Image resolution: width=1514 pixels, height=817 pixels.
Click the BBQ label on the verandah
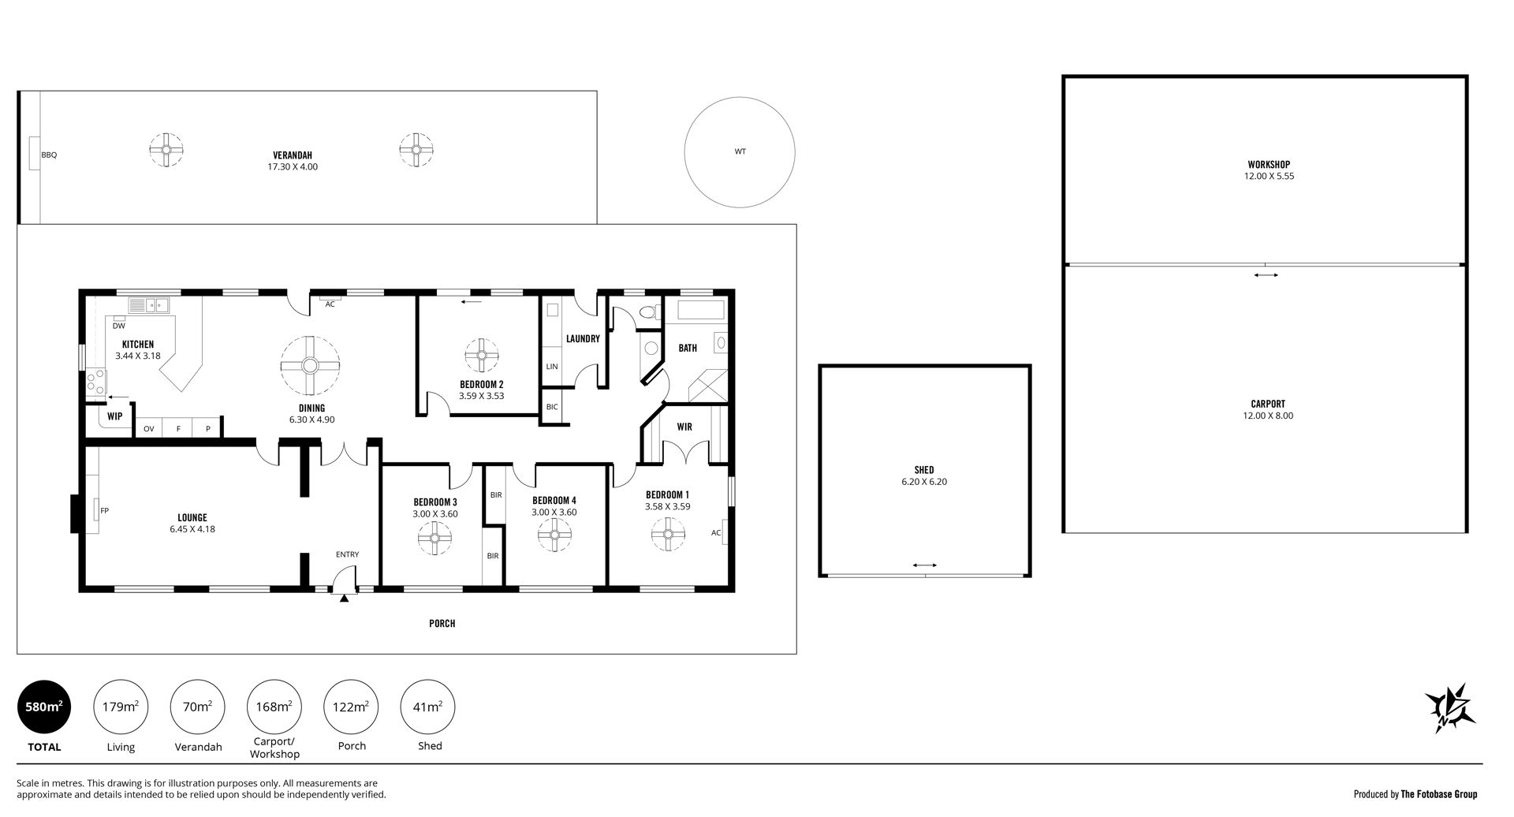49,155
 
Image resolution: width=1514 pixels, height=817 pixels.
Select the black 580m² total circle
44,707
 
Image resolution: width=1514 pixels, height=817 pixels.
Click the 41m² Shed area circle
427,707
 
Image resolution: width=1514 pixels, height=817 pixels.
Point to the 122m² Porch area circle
351,707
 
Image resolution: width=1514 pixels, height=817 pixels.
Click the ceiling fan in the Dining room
310,365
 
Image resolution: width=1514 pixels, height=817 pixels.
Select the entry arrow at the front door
344,599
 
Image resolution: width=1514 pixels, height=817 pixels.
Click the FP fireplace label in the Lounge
104,511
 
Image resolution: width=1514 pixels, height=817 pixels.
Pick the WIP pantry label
114,416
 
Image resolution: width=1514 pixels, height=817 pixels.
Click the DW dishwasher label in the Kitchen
119,326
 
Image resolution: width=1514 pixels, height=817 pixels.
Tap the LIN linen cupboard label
551,367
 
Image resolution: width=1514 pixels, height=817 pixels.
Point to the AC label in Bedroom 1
716,533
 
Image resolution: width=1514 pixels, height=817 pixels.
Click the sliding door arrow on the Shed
924,565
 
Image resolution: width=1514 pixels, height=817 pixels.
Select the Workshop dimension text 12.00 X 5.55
1269,177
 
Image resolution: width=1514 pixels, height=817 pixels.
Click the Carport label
1268,404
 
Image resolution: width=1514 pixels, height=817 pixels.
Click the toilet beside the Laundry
648,312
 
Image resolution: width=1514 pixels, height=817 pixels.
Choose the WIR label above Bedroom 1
684,427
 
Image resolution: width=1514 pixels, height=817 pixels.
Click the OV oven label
148,429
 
